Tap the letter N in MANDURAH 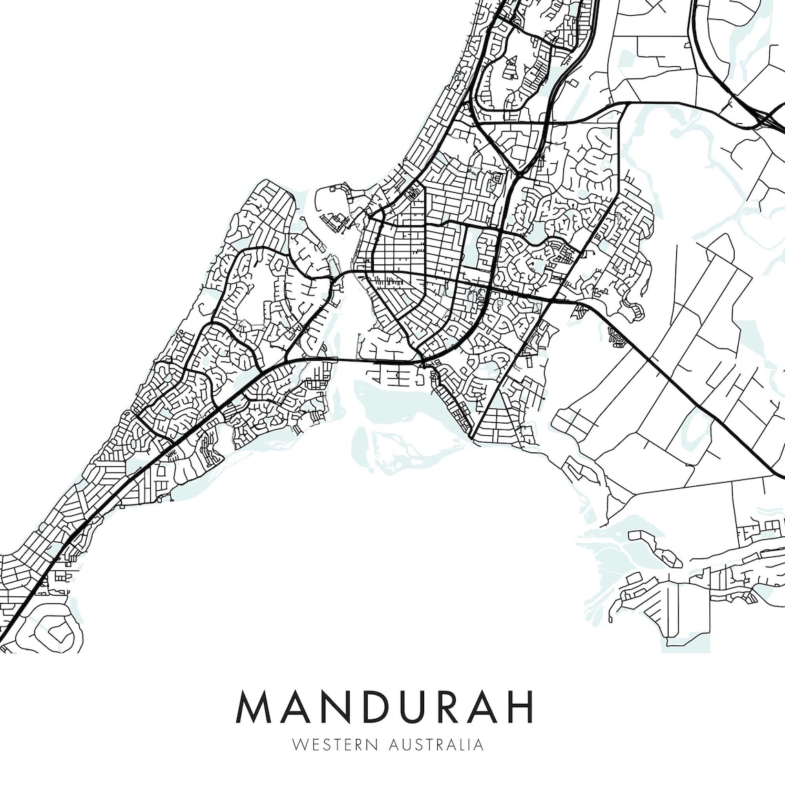[342, 706]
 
